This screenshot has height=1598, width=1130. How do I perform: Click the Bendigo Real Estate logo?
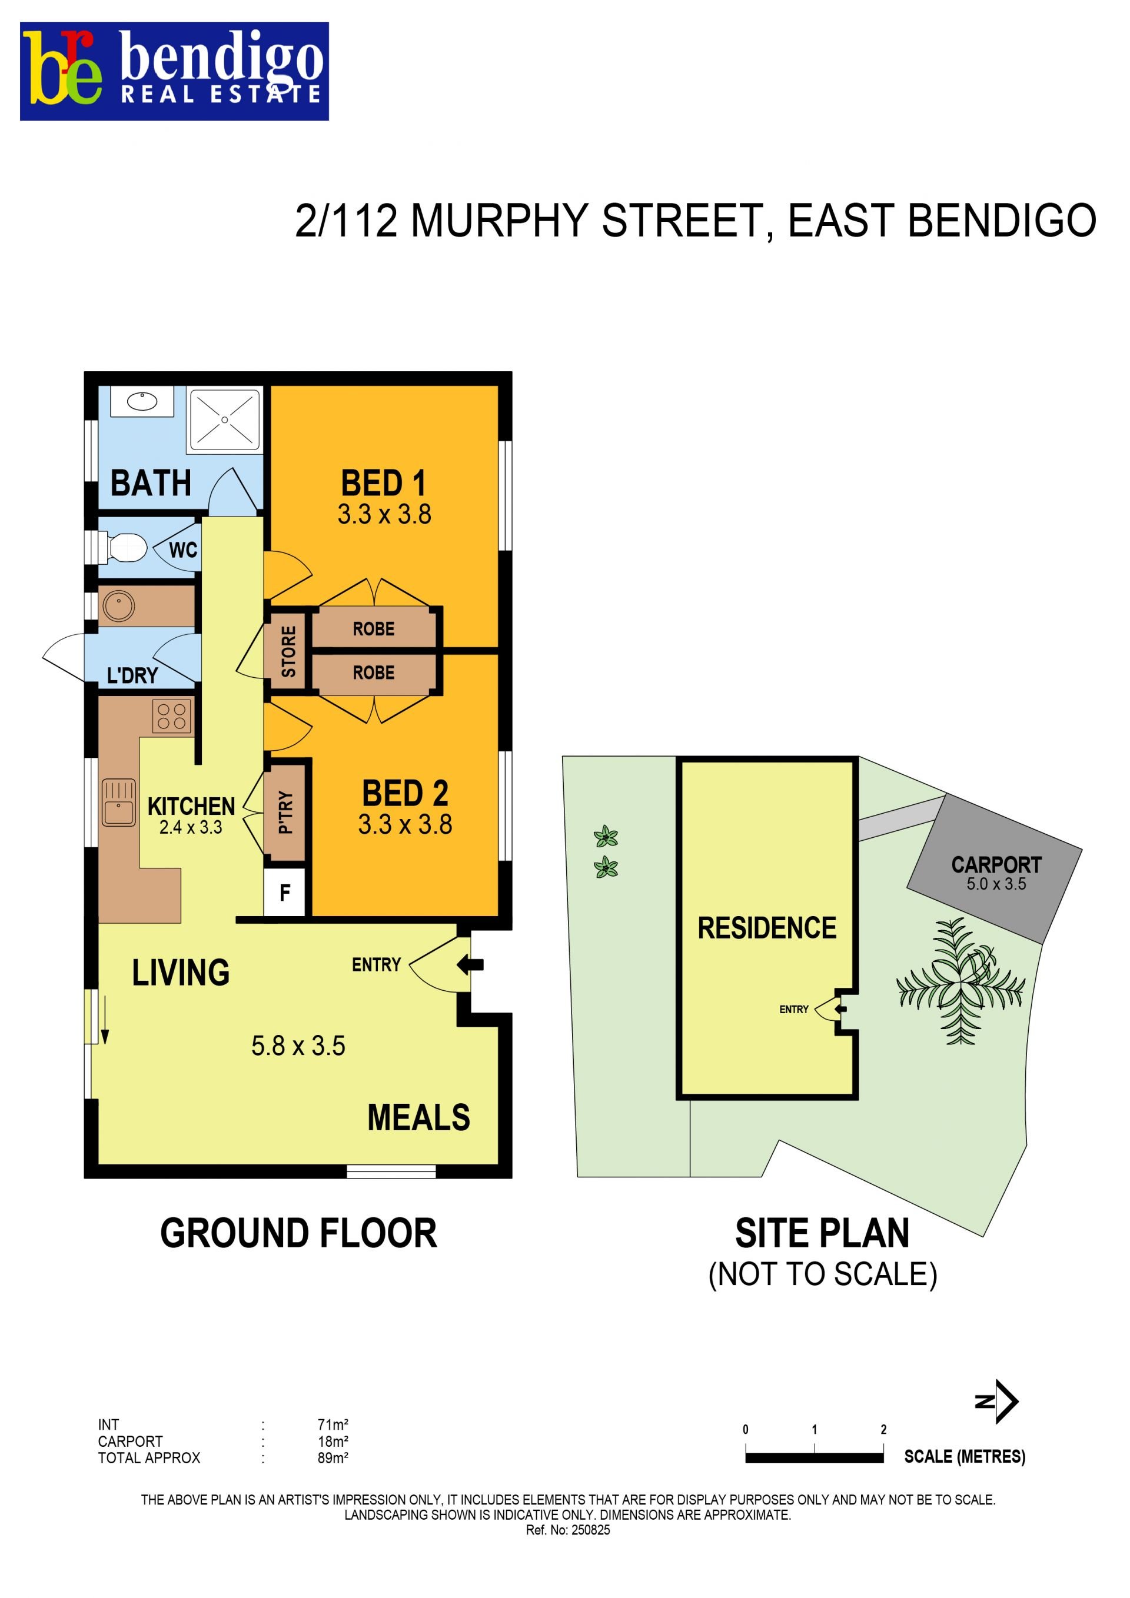click(174, 71)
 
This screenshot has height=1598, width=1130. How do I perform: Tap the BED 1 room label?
click(383, 483)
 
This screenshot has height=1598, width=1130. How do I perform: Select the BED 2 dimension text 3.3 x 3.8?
click(406, 825)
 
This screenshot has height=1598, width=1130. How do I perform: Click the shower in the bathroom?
click(224, 420)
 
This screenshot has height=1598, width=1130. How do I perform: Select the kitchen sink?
click(119, 803)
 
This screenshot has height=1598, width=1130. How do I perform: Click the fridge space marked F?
click(285, 893)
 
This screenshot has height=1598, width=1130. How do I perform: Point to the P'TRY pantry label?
click(285, 812)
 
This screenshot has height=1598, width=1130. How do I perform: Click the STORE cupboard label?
click(288, 651)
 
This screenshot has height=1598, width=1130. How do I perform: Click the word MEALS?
click(418, 1118)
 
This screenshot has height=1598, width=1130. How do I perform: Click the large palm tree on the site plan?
click(961, 981)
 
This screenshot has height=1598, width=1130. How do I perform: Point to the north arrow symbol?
click(998, 1401)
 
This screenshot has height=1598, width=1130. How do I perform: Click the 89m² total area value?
click(333, 1458)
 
